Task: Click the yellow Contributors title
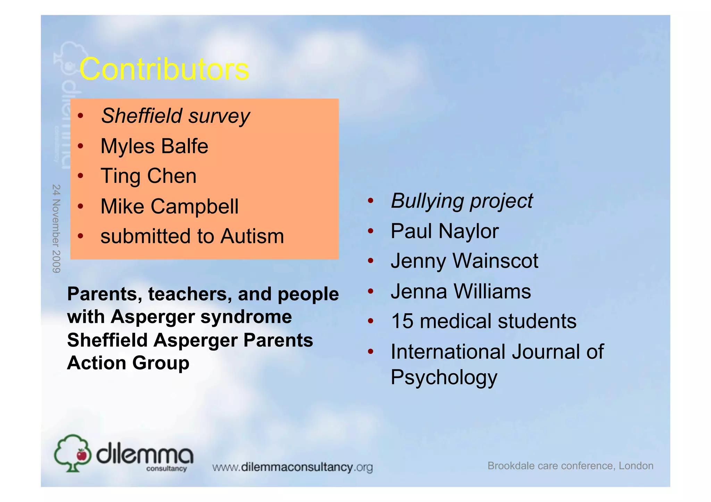(164, 69)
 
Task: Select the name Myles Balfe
(154, 146)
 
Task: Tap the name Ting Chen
(148, 176)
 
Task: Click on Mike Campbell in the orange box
(169, 206)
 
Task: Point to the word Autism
(252, 236)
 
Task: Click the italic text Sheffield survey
(175, 116)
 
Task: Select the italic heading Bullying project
(461, 201)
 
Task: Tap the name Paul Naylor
(444, 231)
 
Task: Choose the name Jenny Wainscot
(464, 261)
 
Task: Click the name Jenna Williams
(461, 291)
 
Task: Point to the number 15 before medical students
(402, 321)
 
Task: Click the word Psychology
(444, 377)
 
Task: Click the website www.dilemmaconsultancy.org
(292, 467)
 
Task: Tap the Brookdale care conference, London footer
(570, 466)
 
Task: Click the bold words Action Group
(128, 363)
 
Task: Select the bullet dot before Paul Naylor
(370, 231)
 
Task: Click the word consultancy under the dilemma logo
(166, 469)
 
